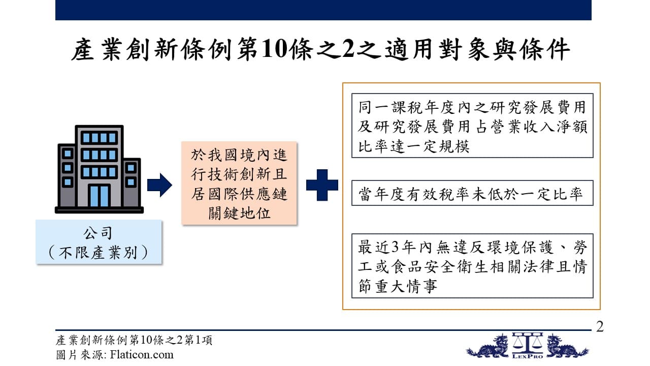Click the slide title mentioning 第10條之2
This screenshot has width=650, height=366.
320,49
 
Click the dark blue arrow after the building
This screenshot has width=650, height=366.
159,185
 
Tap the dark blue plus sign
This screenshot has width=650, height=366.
322,185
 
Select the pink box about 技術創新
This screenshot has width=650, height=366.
239,184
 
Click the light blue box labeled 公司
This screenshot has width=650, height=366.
99,242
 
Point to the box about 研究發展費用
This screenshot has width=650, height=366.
472,126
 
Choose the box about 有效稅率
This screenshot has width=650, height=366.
472,193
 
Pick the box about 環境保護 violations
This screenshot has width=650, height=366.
472,266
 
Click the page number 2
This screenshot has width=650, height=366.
600,327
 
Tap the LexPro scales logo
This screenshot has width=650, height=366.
527,346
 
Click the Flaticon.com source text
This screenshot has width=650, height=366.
142,355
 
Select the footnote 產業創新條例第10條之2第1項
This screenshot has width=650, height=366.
134,340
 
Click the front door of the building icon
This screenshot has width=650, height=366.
99,196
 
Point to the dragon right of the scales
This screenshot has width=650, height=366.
567,347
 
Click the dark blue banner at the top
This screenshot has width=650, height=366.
323,10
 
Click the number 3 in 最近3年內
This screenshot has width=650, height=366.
395,248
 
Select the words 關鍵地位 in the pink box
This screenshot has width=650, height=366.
239,213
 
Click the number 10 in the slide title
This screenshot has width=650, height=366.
274,49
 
